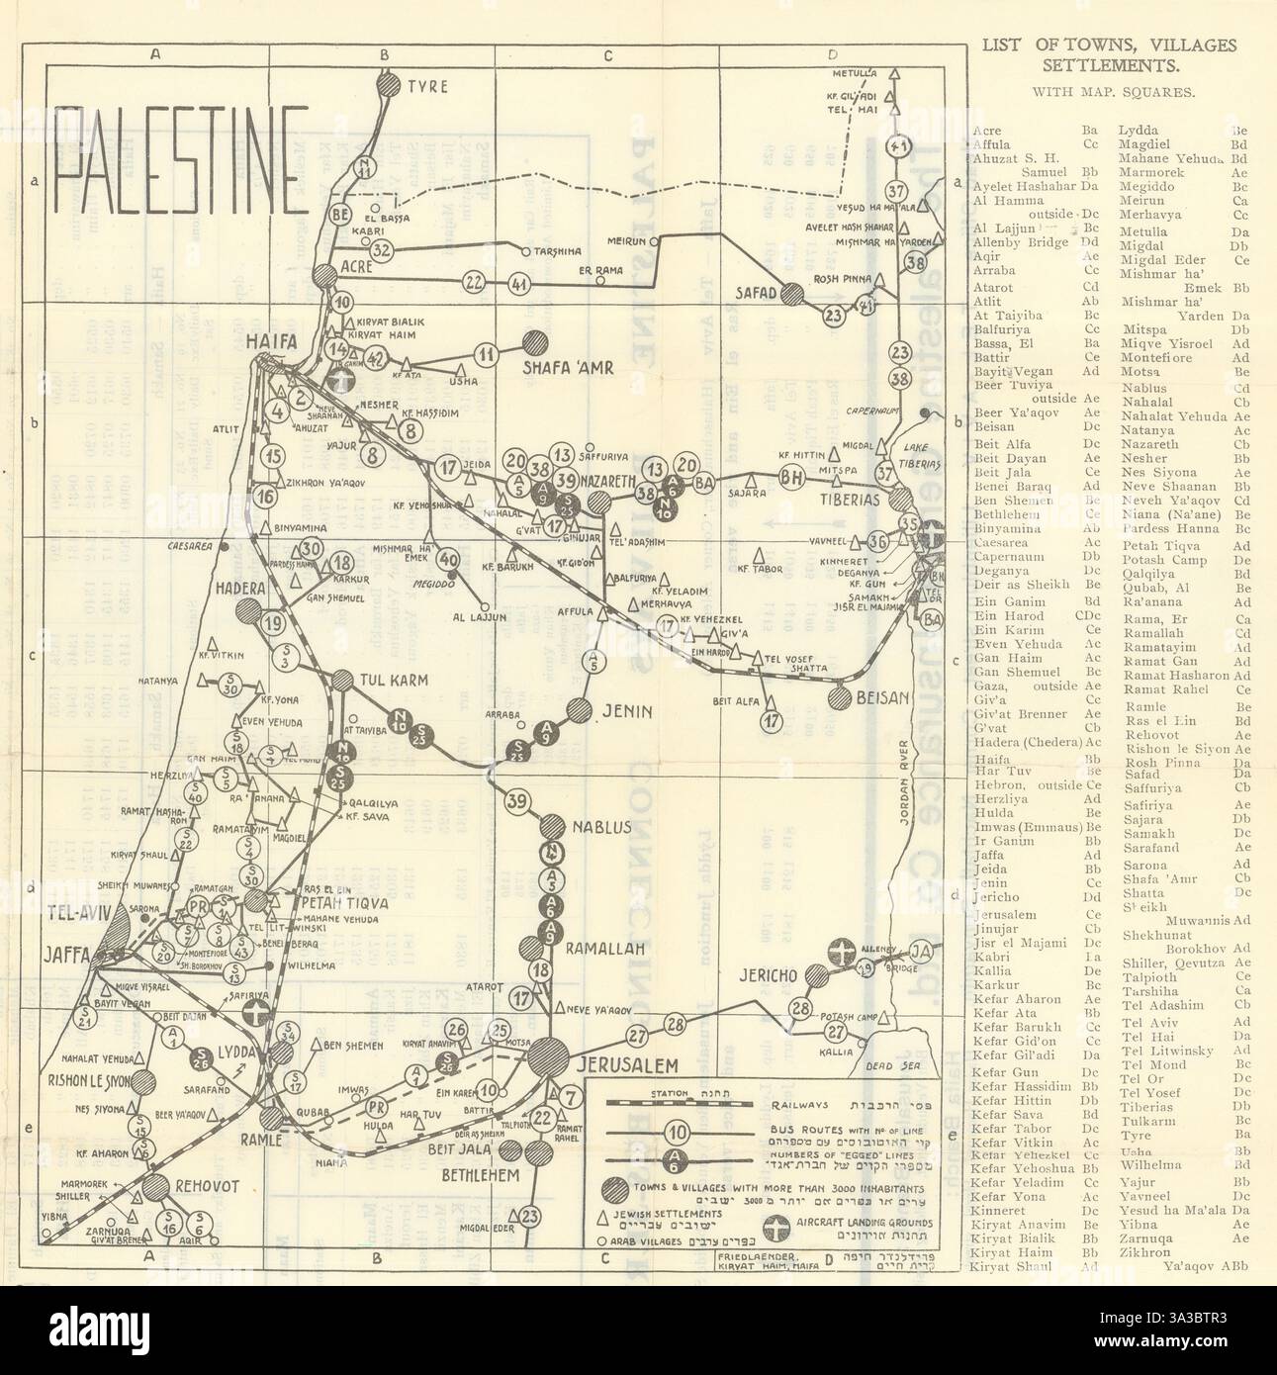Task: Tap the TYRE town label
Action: click(426, 86)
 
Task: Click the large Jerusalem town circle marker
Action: click(548, 1054)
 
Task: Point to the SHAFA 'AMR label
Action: click(570, 367)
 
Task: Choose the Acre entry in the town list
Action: click(987, 130)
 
